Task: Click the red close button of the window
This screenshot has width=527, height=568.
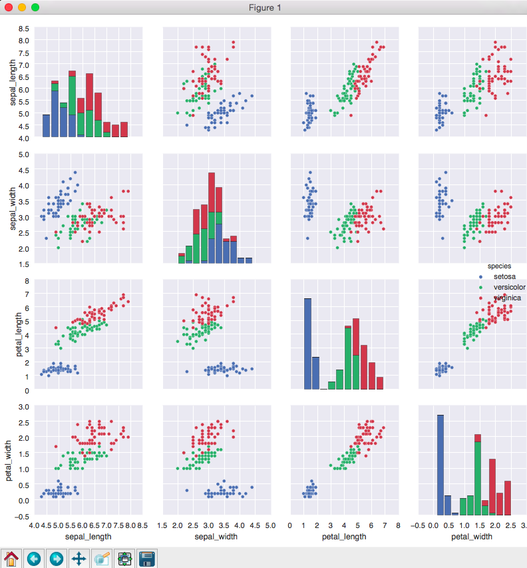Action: pos(9,7)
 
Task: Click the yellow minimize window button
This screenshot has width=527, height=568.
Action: pos(22,7)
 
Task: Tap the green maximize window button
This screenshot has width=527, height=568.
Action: pos(35,7)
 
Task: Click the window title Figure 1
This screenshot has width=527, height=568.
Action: pos(264,7)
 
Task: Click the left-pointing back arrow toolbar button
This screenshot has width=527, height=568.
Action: pos(34,558)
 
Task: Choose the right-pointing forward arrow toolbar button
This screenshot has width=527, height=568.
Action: pos(57,558)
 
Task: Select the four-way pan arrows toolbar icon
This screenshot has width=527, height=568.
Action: pos(79,558)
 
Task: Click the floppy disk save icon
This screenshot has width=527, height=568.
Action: pos(146,558)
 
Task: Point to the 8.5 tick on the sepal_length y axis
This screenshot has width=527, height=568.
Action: pos(23,29)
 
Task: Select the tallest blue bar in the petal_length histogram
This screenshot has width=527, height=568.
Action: pos(307,344)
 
